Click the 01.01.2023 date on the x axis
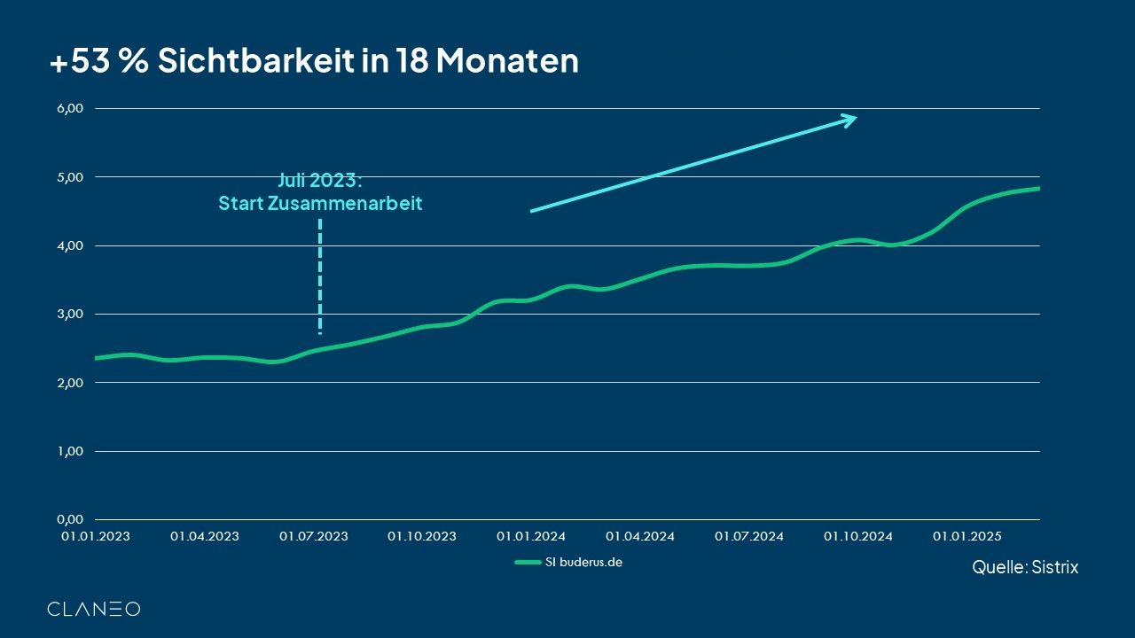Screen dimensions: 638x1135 click(x=95, y=536)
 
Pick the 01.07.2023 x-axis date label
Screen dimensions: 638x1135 click(x=314, y=536)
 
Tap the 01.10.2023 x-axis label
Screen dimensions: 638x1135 click(x=422, y=536)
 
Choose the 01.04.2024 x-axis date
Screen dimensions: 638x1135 click(x=640, y=536)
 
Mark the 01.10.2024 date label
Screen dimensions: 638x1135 click(x=858, y=536)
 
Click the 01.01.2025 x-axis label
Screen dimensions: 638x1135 click(x=967, y=536)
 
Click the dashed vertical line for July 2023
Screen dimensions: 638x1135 click(x=319, y=275)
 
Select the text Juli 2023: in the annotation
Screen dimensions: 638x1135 click(x=320, y=182)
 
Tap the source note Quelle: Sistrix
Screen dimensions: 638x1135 click(x=1025, y=567)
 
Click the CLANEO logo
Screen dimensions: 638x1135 click(x=93, y=609)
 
